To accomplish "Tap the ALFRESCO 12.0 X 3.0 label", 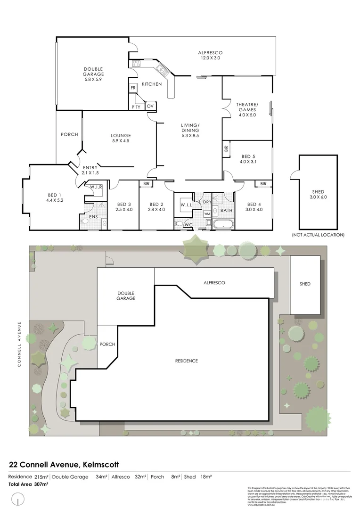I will pos(210,55).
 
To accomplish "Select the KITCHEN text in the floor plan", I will pos(152,84).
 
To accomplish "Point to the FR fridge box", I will pos(133,88).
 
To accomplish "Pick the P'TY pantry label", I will pos(136,107).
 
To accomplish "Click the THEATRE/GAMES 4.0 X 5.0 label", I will pos(247,109).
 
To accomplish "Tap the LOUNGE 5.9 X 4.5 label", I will pos(121,138).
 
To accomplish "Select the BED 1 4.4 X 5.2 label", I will pos(55,198).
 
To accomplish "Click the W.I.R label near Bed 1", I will pos(97,187).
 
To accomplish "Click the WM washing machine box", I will pos(207,213).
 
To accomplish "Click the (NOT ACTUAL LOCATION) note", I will pos(318,235).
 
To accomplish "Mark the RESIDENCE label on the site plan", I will pos(186,361).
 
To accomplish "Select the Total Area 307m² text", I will pos(28,484).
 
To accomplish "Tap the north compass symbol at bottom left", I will pos(18,498).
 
